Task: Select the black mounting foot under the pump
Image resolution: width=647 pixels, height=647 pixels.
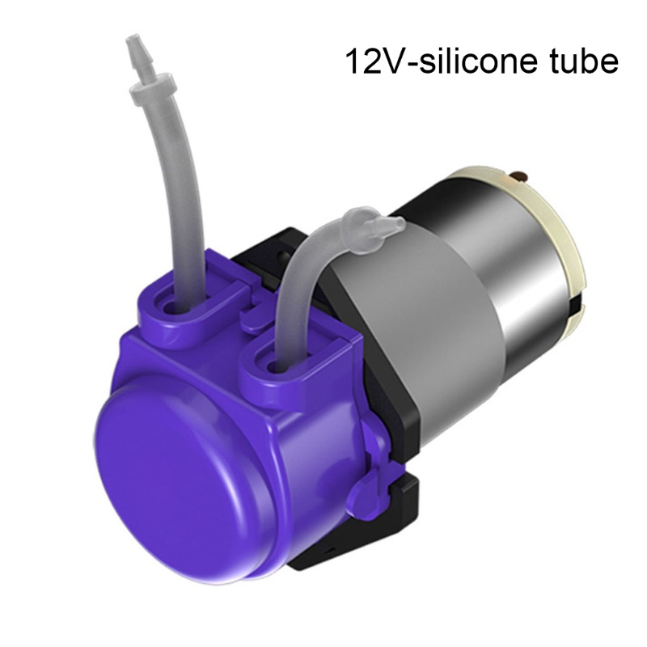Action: pyautogui.click(x=356, y=534)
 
